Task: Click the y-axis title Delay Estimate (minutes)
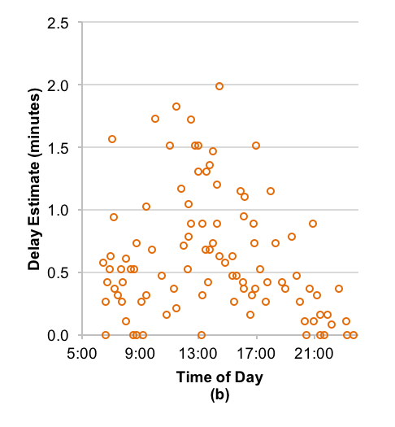[x=35, y=179]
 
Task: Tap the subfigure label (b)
[x=219, y=395]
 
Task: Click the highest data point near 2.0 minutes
[x=219, y=86]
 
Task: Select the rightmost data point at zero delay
[x=354, y=335]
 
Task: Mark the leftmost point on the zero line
[x=106, y=335]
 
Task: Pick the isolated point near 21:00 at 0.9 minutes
[x=313, y=224]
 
